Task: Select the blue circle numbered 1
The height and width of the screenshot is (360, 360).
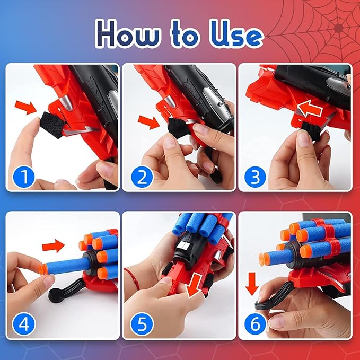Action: (22, 175)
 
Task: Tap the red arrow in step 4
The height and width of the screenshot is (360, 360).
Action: (52, 245)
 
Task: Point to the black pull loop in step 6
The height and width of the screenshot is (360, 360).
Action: (264, 304)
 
